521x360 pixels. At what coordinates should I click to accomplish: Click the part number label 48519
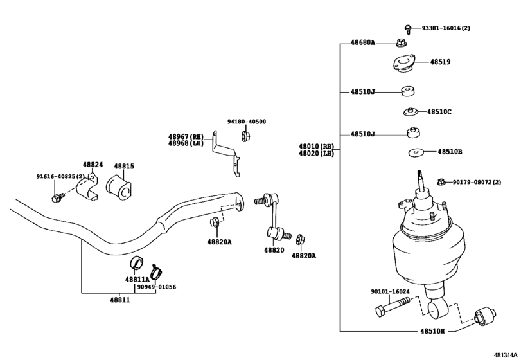440,62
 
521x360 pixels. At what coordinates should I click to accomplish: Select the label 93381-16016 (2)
446,28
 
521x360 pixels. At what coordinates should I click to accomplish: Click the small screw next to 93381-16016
408,30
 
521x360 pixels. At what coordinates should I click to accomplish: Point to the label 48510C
439,112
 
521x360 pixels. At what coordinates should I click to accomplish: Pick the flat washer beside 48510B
417,152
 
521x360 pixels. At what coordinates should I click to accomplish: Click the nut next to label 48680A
402,43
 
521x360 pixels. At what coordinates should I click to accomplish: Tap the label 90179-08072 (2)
477,182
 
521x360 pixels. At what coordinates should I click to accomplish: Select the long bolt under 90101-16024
392,307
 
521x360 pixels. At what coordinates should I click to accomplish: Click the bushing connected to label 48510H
485,316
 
